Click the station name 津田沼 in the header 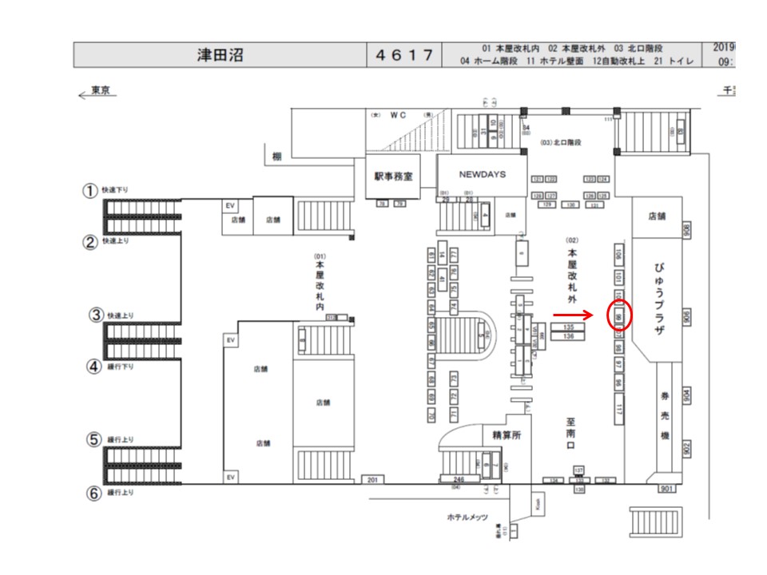pos(221,55)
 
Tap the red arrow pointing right pos(572,315)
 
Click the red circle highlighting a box pos(620,315)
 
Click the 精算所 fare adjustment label pos(500,434)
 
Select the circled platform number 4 pos(93,368)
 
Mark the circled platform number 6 pos(93,493)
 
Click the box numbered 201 pos(372,479)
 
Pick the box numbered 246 pos(448,479)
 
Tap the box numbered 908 pos(686,229)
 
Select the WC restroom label pos(399,115)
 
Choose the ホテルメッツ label pos(467,517)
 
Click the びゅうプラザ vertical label pos(660,299)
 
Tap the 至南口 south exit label pos(570,434)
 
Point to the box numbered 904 pos(686,395)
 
